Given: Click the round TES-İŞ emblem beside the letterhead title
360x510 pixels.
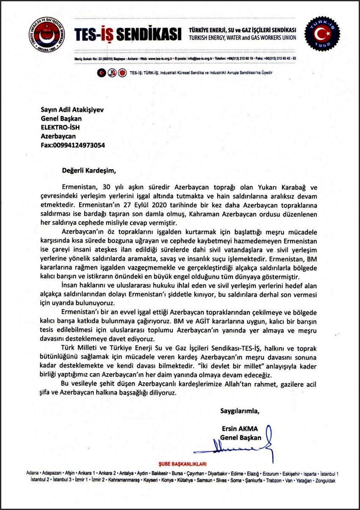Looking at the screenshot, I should pos(47,35).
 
